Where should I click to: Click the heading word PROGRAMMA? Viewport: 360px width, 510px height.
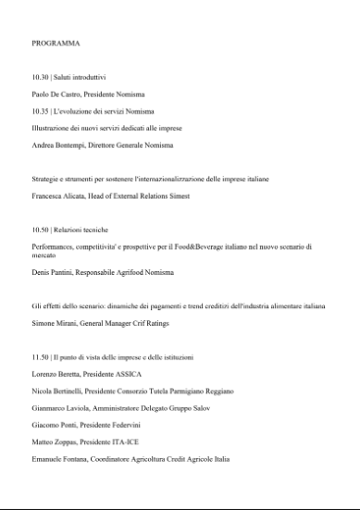coord(56,44)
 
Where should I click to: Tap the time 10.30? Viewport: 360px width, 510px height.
coord(41,78)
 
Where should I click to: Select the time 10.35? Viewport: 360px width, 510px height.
coord(41,111)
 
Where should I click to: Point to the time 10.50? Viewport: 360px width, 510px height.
coord(41,227)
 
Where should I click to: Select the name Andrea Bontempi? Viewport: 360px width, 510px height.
coord(63,145)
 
